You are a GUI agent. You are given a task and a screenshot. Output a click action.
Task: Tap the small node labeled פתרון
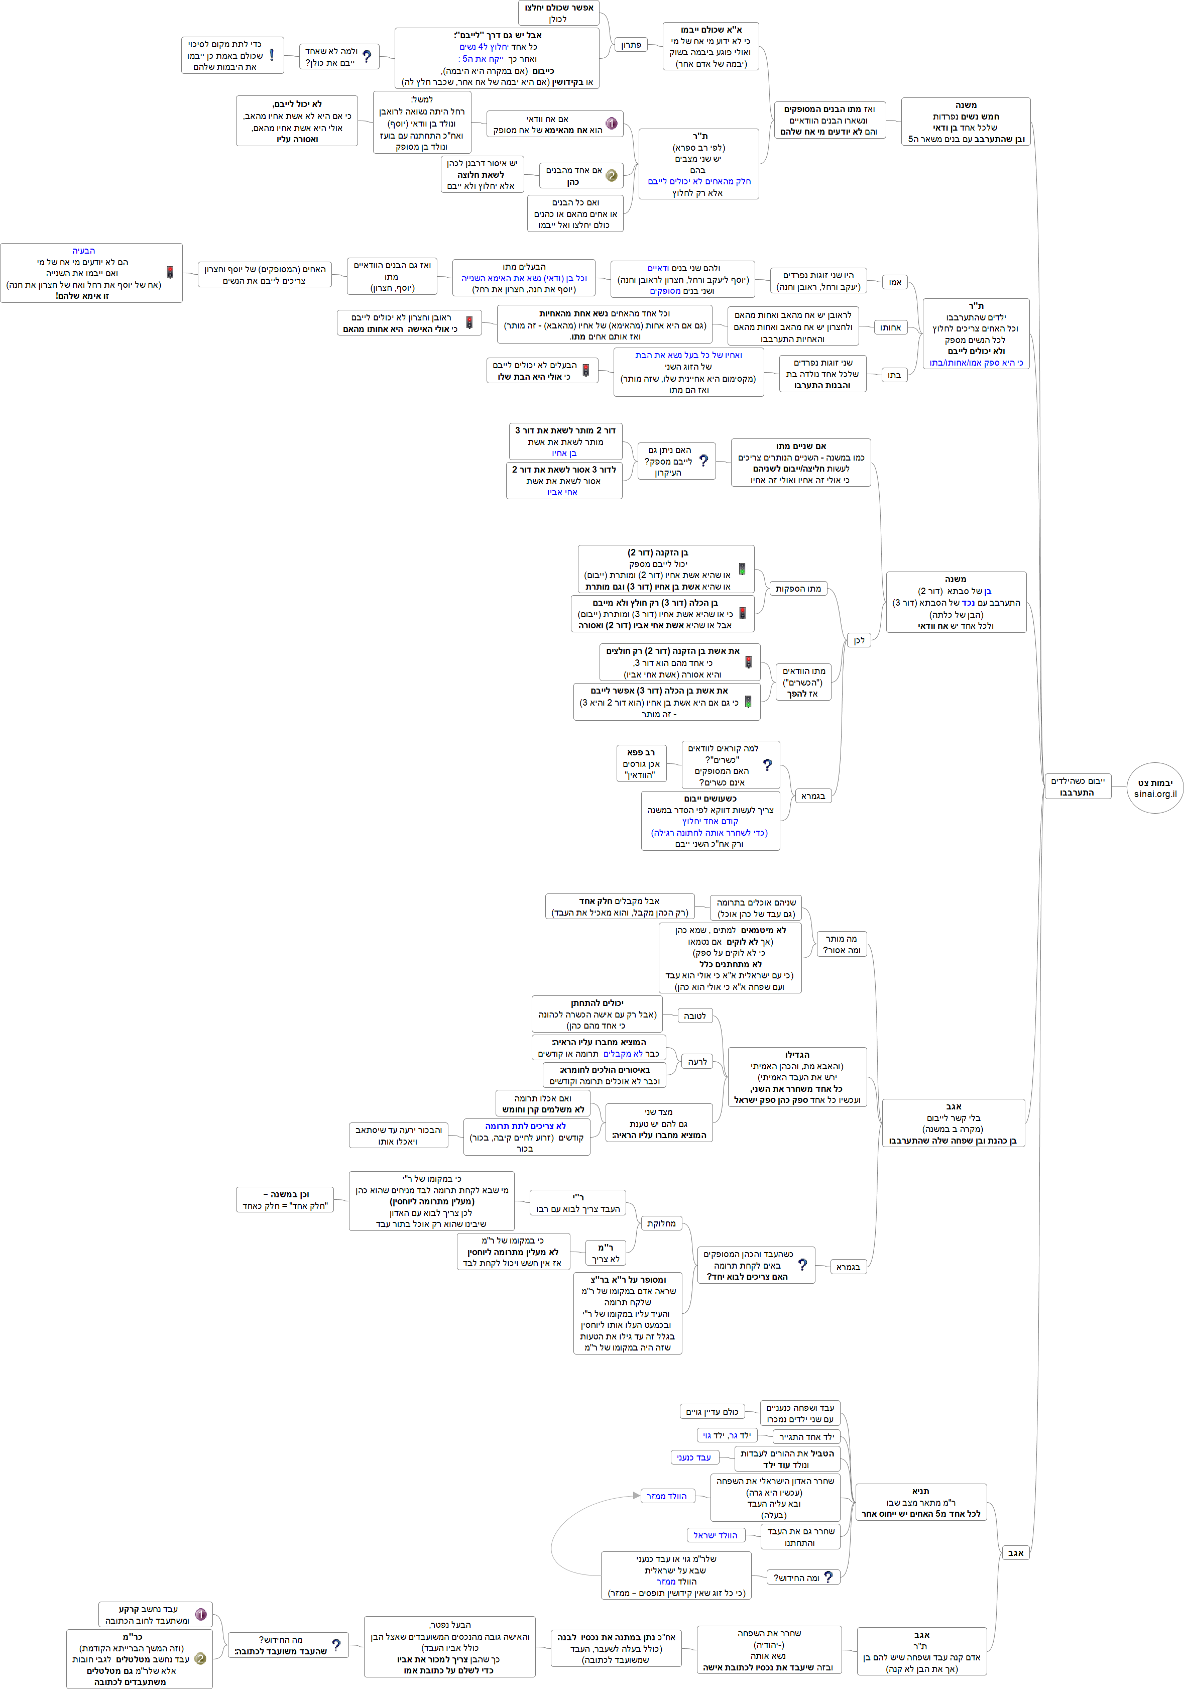click(x=631, y=45)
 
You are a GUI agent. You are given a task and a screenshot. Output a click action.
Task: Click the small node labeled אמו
click(x=895, y=282)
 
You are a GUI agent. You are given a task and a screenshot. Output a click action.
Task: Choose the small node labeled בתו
click(x=893, y=375)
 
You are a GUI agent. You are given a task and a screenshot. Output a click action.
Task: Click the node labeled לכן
click(x=859, y=641)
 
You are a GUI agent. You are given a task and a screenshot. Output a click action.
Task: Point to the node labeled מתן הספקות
click(x=798, y=589)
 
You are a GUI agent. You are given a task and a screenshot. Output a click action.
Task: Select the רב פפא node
click(x=641, y=763)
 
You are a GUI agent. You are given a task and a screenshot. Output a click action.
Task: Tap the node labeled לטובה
click(x=694, y=1016)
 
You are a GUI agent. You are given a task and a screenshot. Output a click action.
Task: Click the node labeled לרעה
click(x=697, y=1062)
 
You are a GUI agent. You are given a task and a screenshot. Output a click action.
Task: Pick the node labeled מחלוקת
click(x=661, y=1223)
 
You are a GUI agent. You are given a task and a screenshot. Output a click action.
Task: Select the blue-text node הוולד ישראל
click(x=715, y=1535)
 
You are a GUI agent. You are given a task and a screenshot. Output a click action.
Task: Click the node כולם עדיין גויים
click(x=712, y=1412)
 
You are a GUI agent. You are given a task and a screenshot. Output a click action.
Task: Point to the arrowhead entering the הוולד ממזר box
click(x=636, y=1496)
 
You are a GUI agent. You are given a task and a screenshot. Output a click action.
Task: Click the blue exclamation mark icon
click(x=272, y=55)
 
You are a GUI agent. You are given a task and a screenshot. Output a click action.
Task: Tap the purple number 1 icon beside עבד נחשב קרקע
click(x=200, y=1615)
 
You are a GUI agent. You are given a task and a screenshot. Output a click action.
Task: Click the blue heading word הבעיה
click(x=84, y=251)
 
